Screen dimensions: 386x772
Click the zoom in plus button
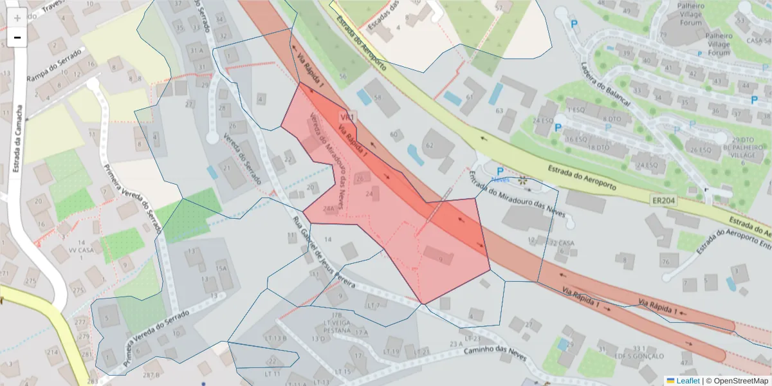17,18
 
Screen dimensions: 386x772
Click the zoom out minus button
17,37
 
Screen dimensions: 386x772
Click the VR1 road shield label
348,117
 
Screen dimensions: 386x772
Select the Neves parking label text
500,179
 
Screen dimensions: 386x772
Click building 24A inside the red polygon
329,208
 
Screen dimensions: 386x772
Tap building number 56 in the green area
343,76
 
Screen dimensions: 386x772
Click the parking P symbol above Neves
499,172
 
